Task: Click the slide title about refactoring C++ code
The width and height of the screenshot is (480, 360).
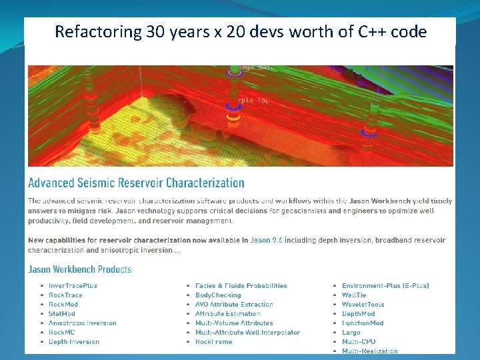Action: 241,31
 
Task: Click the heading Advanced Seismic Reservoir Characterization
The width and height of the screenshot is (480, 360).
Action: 136,183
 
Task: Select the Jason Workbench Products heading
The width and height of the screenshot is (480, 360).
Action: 79,269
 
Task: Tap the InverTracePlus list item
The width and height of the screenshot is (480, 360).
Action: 73,286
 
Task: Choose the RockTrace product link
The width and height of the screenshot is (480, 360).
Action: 65,295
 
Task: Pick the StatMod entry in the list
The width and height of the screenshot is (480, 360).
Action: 62,314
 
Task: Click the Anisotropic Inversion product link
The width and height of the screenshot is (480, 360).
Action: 82,323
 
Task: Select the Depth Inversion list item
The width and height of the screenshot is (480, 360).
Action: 73,342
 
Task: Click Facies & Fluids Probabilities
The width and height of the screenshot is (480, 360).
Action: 241,286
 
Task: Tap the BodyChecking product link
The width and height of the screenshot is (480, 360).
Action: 218,295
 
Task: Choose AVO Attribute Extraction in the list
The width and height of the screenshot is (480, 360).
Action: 234,305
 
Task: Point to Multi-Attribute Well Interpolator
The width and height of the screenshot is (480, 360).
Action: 247,333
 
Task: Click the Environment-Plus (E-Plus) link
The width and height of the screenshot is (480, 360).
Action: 385,286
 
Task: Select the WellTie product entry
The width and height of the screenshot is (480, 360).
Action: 355,295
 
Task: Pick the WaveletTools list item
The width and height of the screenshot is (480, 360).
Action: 363,305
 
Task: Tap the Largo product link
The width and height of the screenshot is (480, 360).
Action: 351,333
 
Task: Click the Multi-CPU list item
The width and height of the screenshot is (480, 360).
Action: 359,342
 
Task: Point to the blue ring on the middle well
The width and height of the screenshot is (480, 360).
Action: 233,105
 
